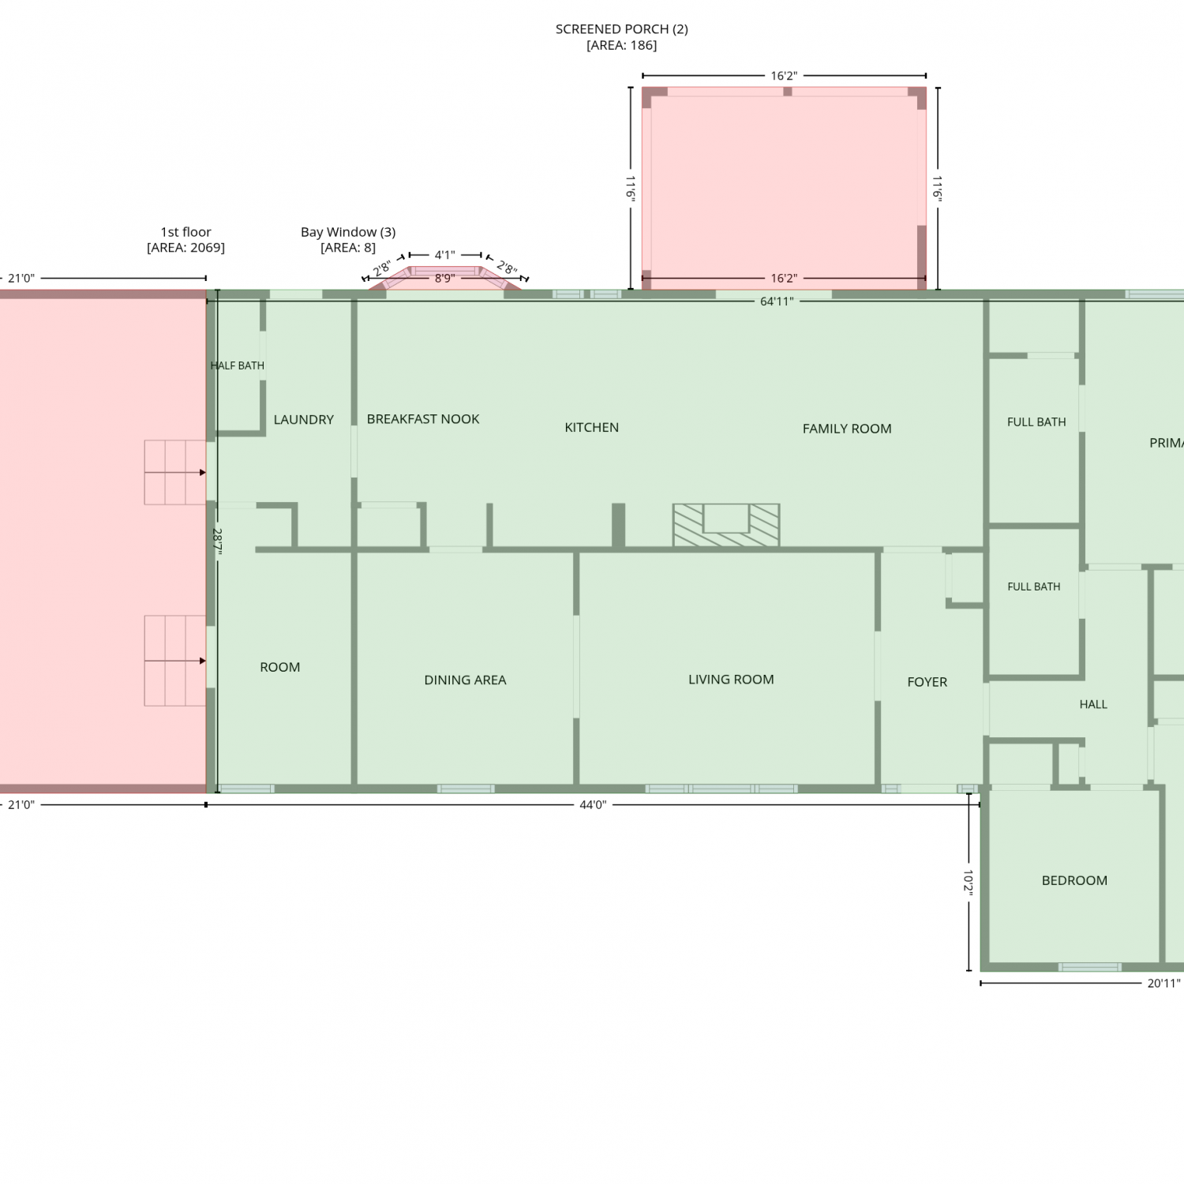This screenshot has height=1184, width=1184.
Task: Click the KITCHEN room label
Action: pos(591,428)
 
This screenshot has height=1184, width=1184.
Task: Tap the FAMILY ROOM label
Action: pos(847,429)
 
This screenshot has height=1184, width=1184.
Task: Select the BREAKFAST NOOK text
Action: pos(423,419)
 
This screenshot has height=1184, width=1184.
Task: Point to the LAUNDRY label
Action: pos(304,420)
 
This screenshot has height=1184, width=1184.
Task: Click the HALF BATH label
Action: pos(238,365)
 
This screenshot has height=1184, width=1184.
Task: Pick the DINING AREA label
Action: pos(465,680)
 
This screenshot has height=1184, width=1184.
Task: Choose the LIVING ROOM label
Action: pos(731,680)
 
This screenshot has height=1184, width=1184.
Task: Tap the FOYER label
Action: pos(927,682)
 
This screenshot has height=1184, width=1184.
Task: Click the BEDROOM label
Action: pos(1074,881)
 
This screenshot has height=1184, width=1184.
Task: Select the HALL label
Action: pos(1093,705)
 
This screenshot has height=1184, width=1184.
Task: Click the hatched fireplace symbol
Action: pos(726,525)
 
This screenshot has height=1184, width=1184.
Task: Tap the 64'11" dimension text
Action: pos(777,302)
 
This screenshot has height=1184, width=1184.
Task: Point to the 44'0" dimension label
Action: pos(593,805)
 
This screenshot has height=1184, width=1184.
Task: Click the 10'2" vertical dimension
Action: pos(969,882)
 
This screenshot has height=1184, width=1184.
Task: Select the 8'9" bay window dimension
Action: pos(444,279)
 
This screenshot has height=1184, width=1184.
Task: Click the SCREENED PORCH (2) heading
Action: pos(622,29)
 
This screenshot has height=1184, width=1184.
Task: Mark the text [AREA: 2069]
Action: pos(186,248)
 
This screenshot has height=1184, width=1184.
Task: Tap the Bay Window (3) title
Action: pos(348,232)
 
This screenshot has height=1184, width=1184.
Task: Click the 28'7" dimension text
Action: pos(217,542)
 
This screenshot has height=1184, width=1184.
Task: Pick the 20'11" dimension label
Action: pos(1163,984)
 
